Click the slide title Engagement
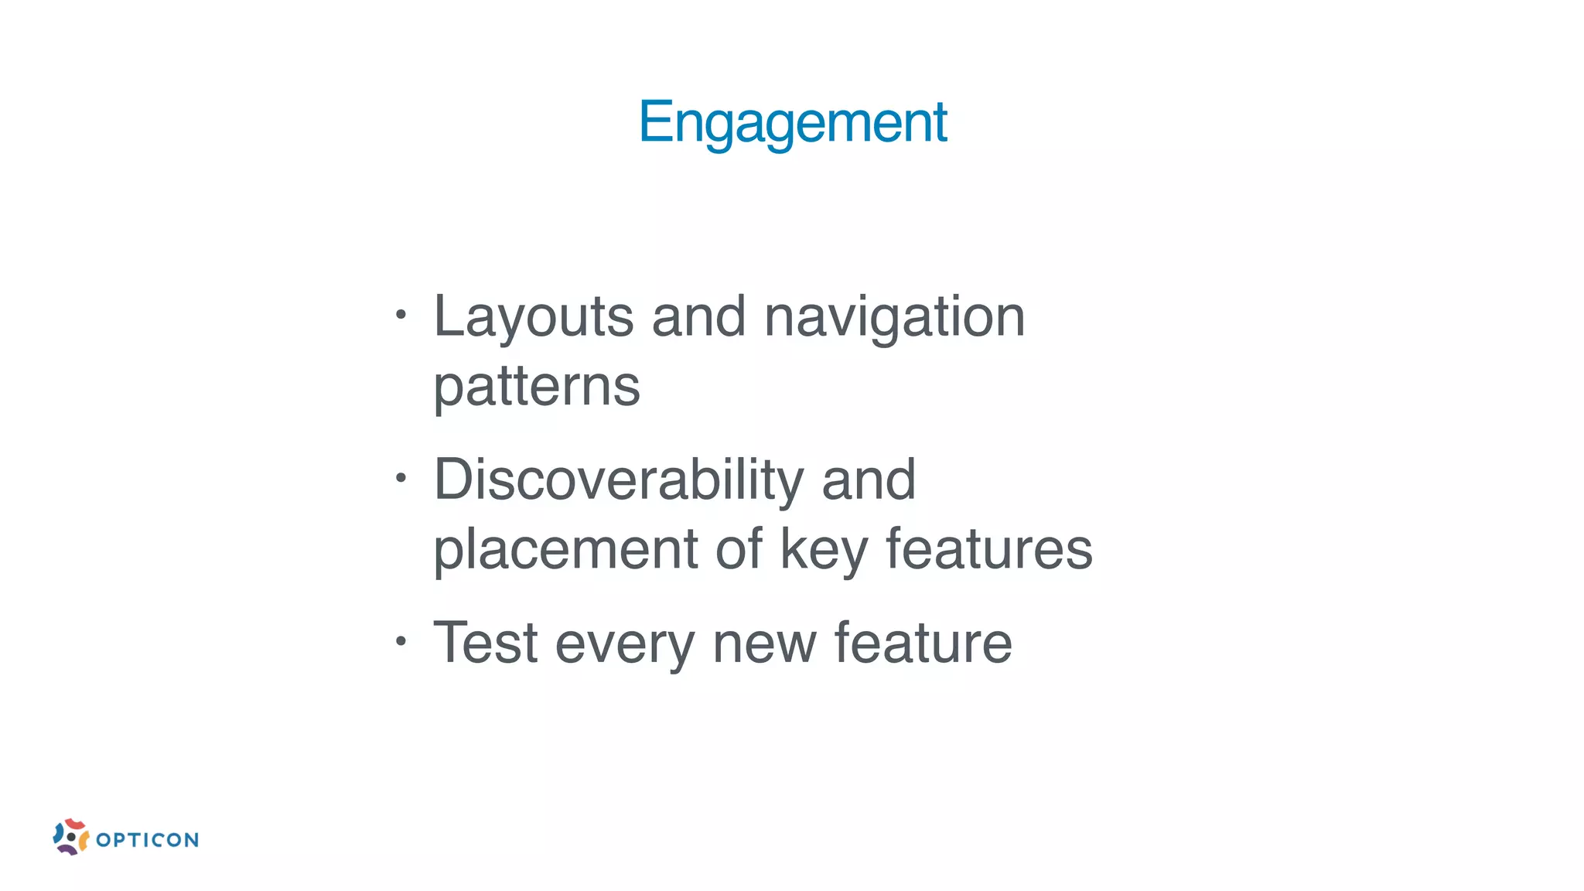tap(792, 122)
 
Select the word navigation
tap(894, 317)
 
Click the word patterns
tap(537, 387)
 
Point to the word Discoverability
tap(619, 480)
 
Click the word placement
tap(565, 549)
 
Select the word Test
tap(485, 643)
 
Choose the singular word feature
tap(923, 643)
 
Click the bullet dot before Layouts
tap(400, 315)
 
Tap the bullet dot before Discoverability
tap(400, 478)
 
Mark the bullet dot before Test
tap(400, 640)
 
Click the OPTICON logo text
tap(147, 840)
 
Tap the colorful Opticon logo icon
tap(70, 837)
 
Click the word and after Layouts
tap(698, 317)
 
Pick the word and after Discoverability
tap(869, 480)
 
